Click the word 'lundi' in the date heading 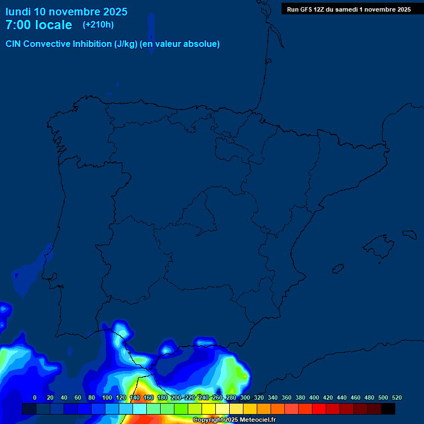18,12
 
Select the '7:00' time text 18,25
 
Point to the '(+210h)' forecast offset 98,25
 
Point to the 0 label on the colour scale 35,397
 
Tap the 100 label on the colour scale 107,397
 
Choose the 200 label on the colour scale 176,397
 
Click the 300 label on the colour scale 245,397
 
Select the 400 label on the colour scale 314,397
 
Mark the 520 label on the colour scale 397,397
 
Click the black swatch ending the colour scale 388,409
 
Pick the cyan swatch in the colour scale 140,409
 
